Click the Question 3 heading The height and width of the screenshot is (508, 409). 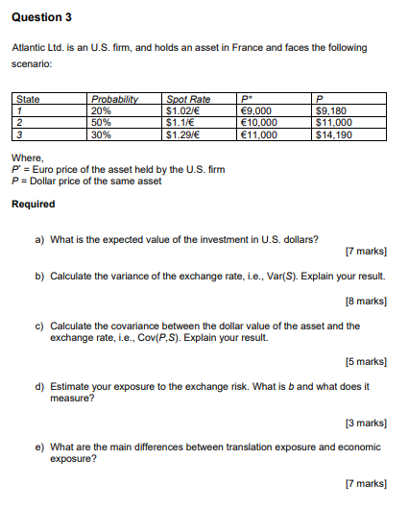[41, 17]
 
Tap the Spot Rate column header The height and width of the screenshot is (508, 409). [188, 99]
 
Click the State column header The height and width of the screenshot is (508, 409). [28, 99]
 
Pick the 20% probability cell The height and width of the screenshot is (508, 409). [101, 111]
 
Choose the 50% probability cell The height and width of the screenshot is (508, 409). [101, 123]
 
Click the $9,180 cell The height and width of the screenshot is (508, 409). [331, 111]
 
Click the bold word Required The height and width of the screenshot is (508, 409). [33, 204]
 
